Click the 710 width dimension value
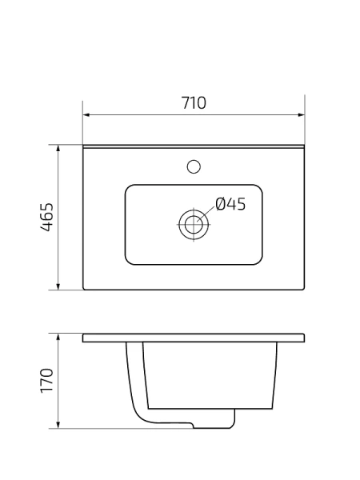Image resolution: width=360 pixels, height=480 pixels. coord(194,102)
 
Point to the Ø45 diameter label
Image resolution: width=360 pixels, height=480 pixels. coord(230,204)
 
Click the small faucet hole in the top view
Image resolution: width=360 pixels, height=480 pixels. coord(193,166)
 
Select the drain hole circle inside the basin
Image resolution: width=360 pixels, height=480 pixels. coord(193,223)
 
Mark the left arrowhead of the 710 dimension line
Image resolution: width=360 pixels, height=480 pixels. coord(87,114)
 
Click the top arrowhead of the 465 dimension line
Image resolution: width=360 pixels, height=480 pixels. coord(59,149)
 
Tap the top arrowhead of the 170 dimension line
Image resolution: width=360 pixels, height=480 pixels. coord(59,337)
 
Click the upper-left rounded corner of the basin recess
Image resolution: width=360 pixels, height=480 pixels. coord(130,190)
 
